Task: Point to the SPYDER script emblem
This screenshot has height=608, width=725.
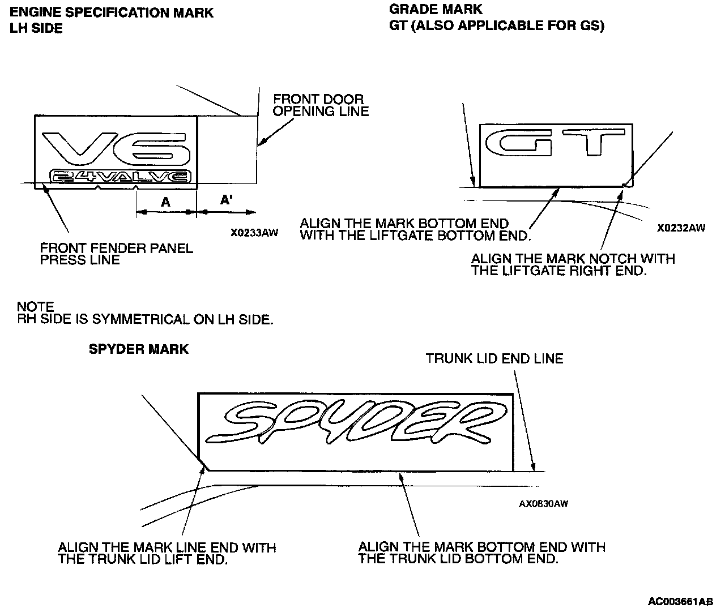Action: tap(355, 422)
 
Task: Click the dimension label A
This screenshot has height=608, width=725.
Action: tap(165, 202)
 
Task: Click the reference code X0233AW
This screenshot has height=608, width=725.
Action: tap(254, 232)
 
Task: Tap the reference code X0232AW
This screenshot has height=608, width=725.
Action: tap(681, 228)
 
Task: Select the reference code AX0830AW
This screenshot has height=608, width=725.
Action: tap(543, 504)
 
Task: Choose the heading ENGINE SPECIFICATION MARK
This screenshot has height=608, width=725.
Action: tap(112, 12)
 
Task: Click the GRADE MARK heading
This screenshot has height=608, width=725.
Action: tap(436, 9)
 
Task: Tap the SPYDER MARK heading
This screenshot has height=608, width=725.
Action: tap(138, 349)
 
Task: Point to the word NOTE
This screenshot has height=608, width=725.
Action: tap(36, 307)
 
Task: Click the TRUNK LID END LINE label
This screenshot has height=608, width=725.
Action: tap(494, 358)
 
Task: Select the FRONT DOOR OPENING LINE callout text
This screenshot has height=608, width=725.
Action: tap(321, 105)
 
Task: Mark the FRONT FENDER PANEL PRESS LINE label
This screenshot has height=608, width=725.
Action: tap(116, 254)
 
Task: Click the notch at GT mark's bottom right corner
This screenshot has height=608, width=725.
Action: tap(624, 185)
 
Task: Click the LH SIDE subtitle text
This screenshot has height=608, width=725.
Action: tap(36, 28)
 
